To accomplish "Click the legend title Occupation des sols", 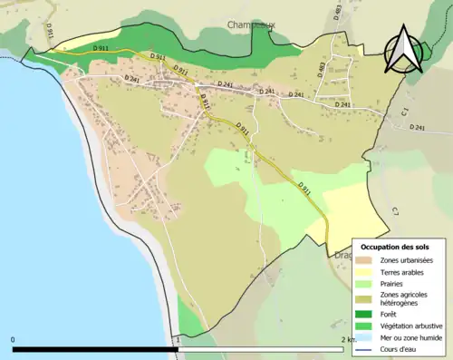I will [394, 247].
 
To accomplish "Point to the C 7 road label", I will [395, 212].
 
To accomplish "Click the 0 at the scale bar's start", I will [14, 339].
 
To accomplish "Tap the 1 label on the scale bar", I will [178, 339].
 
